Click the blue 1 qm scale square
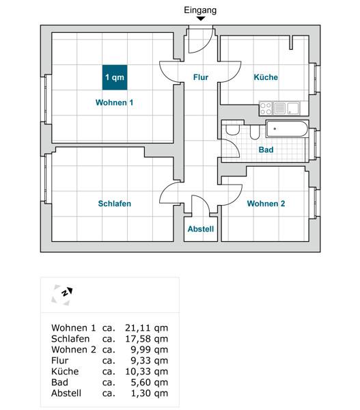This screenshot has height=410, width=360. (115, 77)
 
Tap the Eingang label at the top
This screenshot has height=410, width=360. (200, 10)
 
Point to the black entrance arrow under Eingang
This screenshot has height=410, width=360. (201, 18)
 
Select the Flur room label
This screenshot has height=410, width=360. (201, 77)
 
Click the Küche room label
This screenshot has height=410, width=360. (266, 77)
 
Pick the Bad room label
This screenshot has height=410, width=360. (266, 150)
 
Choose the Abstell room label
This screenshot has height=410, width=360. (201, 229)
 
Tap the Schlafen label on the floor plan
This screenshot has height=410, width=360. (115, 204)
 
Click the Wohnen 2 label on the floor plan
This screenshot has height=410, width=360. (266, 204)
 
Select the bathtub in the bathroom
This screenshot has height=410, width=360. (287, 128)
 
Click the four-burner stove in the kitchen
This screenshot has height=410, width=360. (266, 109)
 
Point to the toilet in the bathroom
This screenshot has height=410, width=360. (232, 130)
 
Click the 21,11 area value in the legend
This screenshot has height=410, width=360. (137, 328)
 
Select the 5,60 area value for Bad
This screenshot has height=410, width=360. (139, 382)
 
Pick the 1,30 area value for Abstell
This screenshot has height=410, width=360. (139, 394)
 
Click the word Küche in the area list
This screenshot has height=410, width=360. (65, 371)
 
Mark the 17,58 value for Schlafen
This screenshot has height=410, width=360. (137, 339)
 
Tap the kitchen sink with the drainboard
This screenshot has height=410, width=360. (286, 109)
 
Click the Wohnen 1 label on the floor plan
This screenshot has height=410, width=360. (114, 102)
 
